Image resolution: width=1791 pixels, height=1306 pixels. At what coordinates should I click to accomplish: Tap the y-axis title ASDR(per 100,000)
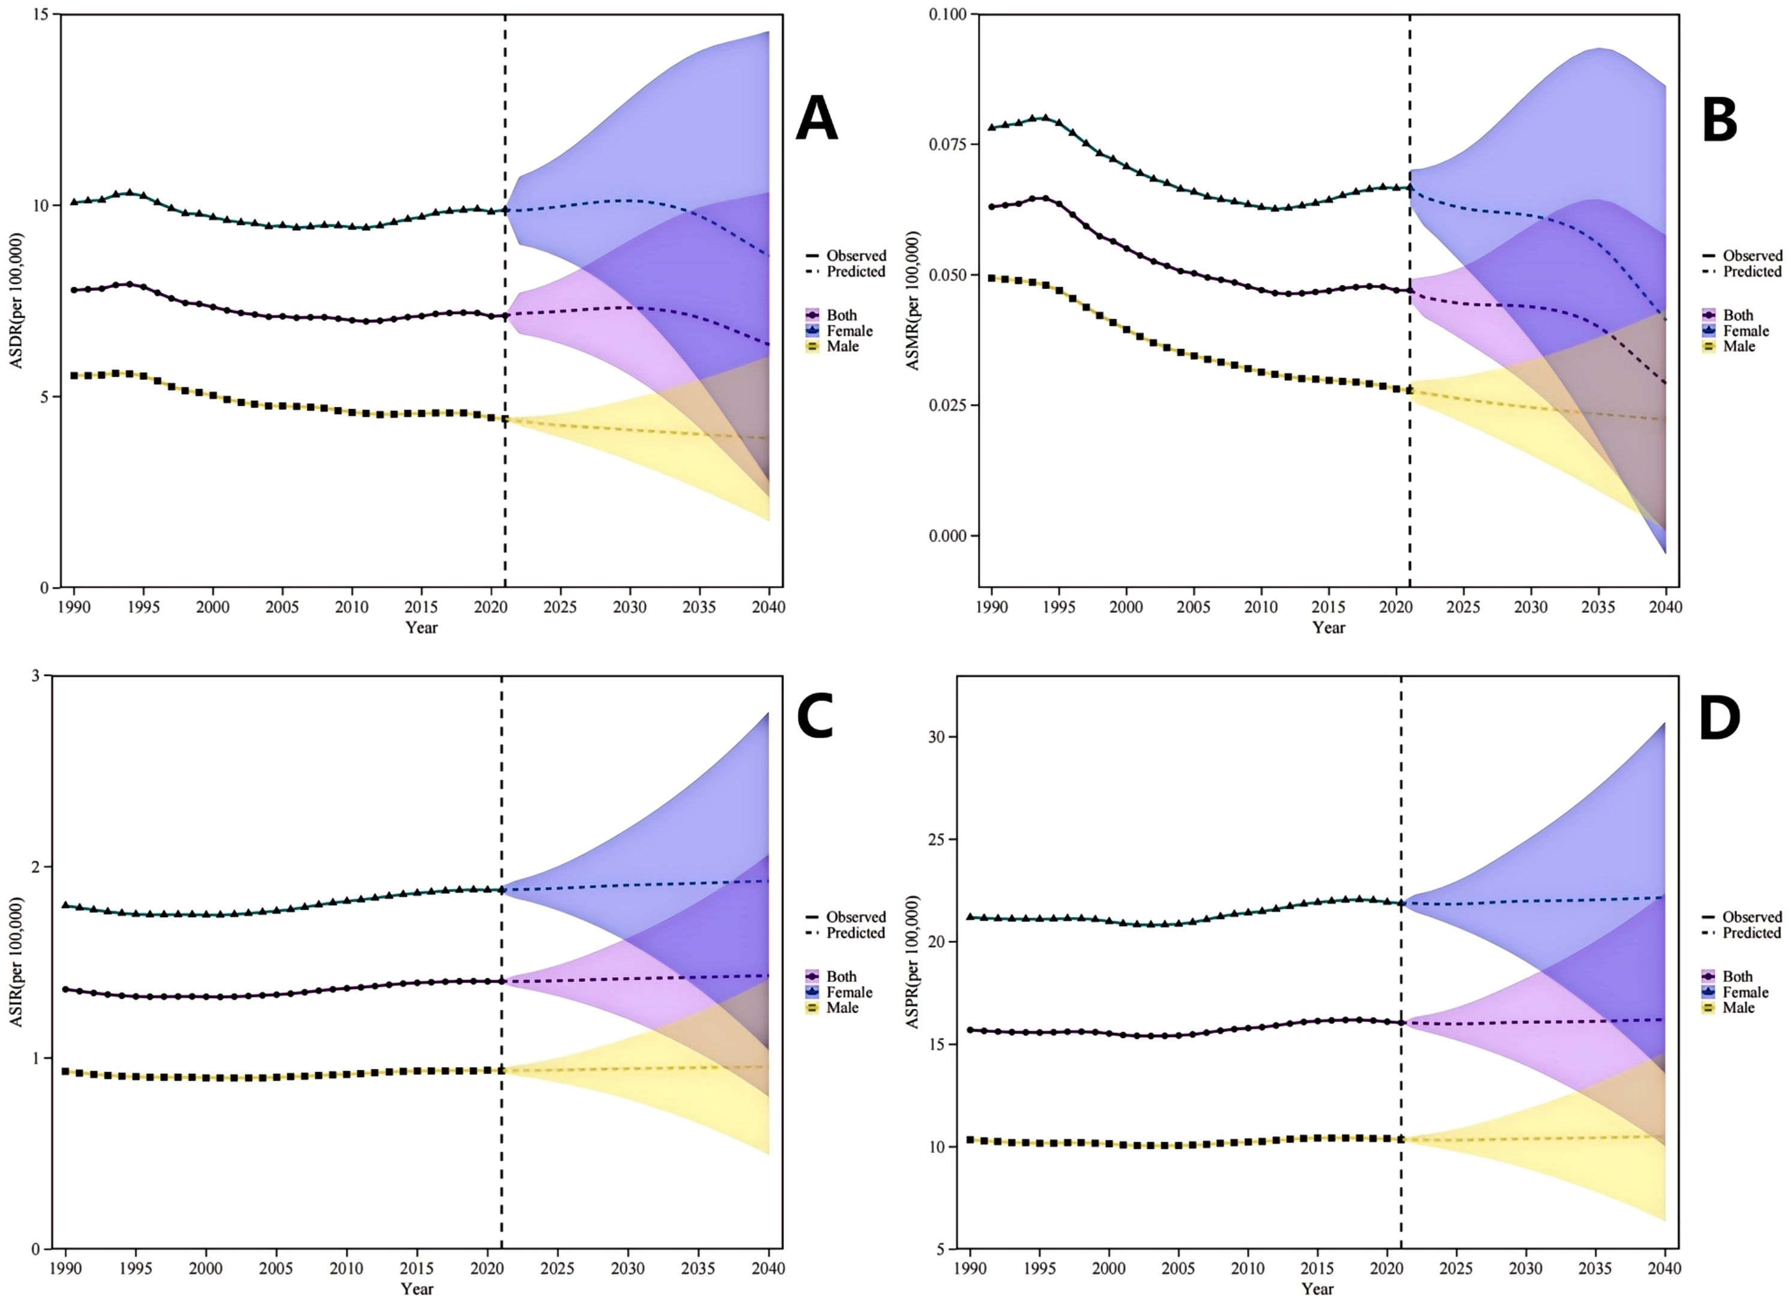pos(17,301)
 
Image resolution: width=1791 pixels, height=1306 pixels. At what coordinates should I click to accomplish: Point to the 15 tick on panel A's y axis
pos(40,15)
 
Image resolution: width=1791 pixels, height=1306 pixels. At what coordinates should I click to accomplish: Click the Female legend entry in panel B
pos(1745,331)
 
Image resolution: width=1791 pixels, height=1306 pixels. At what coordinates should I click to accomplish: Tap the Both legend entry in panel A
pos(841,314)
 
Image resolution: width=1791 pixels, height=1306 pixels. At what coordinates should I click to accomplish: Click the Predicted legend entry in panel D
pos(1751,933)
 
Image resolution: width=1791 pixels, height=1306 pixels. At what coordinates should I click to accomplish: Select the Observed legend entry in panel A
pos(856,255)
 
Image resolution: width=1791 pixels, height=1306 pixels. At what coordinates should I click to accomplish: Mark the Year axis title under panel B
pos(1329,628)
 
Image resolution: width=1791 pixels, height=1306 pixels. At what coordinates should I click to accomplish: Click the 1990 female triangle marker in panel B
pos(992,127)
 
